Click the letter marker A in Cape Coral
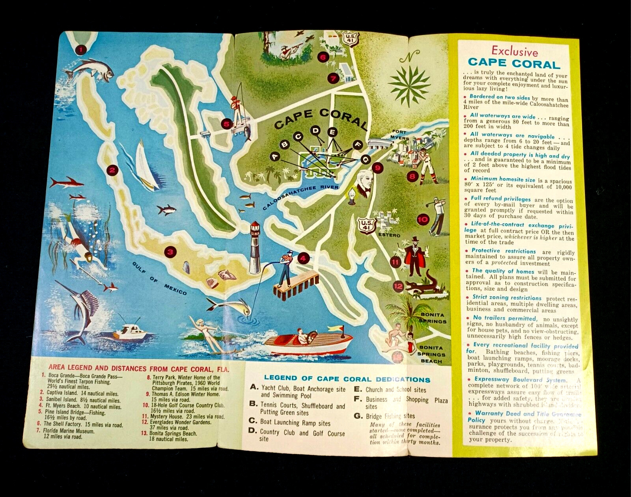(275, 157)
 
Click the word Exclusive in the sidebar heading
(514, 52)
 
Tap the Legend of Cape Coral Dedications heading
(347, 379)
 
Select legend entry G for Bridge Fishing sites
(384, 416)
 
